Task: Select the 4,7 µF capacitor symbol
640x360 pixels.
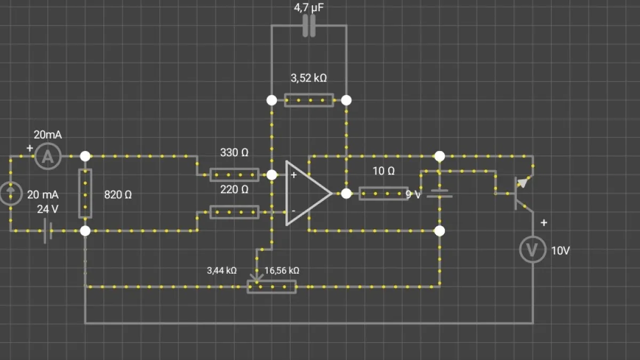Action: click(x=309, y=26)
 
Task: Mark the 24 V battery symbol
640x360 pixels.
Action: click(x=47, y=231)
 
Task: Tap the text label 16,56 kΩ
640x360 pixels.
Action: click(x=282, y=270)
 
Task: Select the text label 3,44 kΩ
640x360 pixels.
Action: click(x=222, y=270)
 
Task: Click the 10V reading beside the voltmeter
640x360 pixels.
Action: click(x=561, y=251)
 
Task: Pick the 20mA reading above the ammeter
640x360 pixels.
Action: click(x=47, y=134)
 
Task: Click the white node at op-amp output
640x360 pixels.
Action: click(x=346, y=194)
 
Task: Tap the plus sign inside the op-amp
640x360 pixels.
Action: click(x=294, y=175)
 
